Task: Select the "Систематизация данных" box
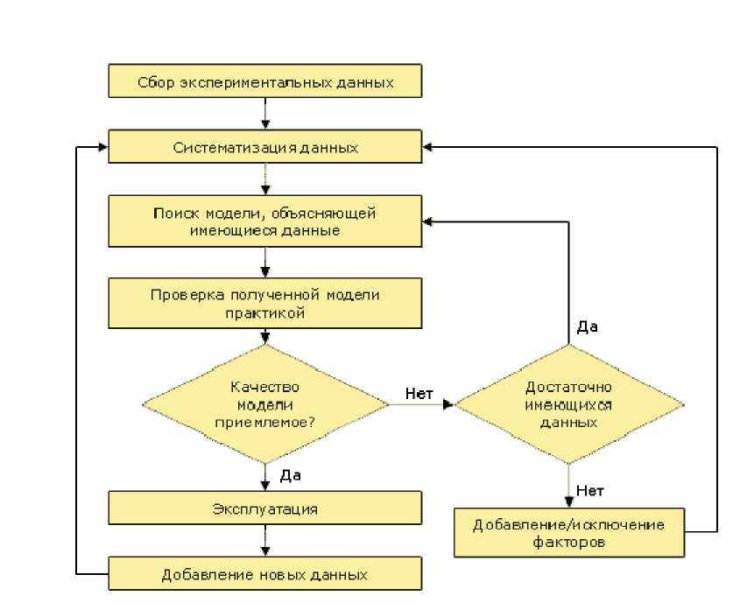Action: tap(264, 147)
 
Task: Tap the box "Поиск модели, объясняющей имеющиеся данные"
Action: tap(264, 221)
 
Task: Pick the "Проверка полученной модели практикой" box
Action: tap(264, 303)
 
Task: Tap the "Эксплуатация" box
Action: tap(264, 508)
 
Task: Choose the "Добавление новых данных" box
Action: tap(264, 574)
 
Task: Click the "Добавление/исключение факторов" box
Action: tap(569, 533)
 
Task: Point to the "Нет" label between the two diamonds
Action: tap(419, 393)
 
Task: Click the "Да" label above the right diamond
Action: tap(587, 327)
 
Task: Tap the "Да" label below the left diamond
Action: tap(291, 475)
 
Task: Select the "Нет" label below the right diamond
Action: tap(589, 490)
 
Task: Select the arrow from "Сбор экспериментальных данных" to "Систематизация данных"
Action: tap(264, 114)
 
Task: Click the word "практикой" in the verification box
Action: tap(264, 312)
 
